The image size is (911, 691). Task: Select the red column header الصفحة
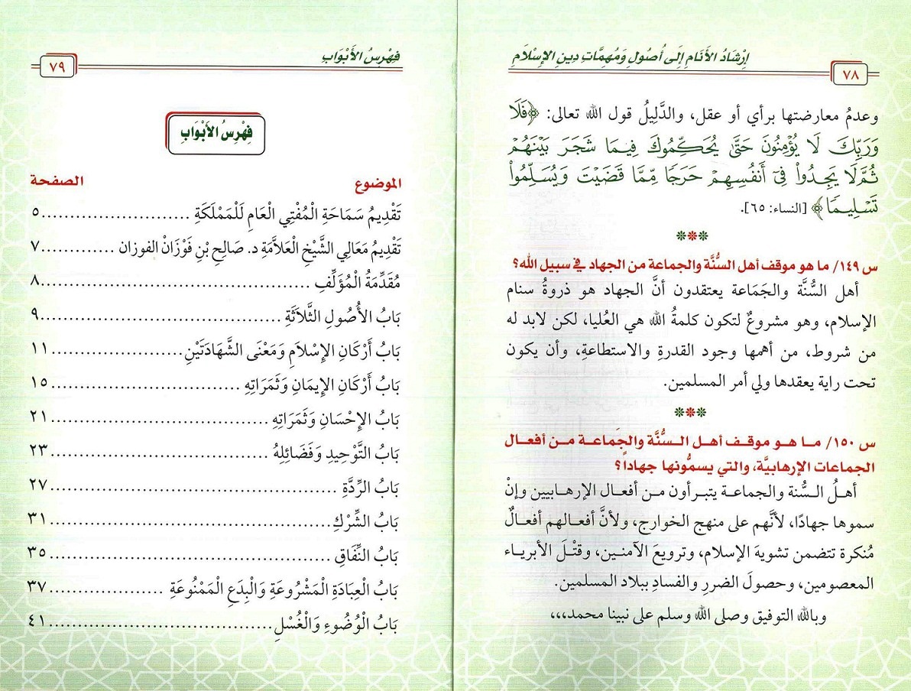click(x=57, y=183)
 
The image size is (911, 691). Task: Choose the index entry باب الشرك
click(x=369, y=521)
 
